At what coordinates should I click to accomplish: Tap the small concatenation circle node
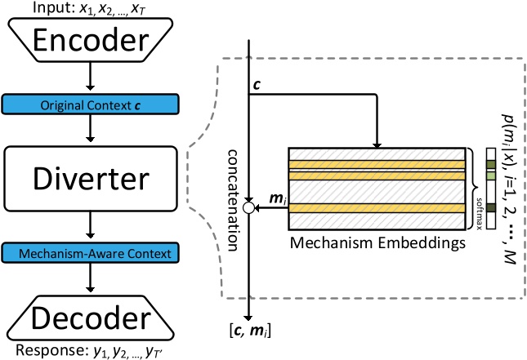point(248,209)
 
